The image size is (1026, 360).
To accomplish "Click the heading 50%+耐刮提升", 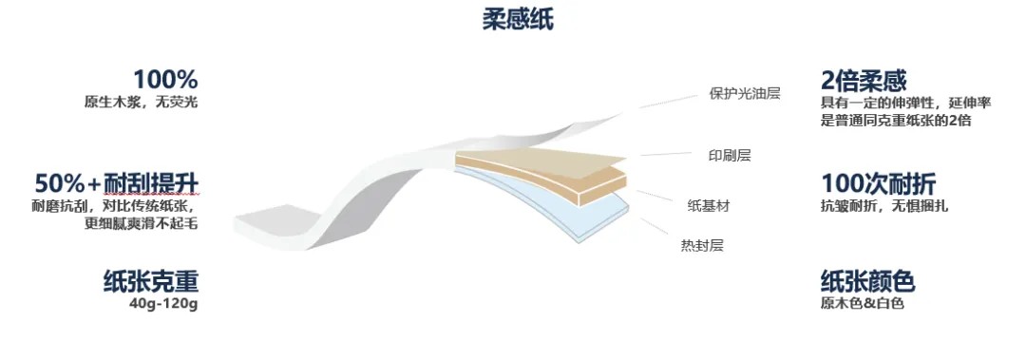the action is pos(117,183).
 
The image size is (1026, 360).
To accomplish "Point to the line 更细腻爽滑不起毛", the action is pos(141,224).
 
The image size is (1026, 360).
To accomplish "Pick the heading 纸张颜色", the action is pos(866,282).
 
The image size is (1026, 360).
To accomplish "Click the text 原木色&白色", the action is pos(862,304).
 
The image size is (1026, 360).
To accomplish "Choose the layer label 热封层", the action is pos(702,246).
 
